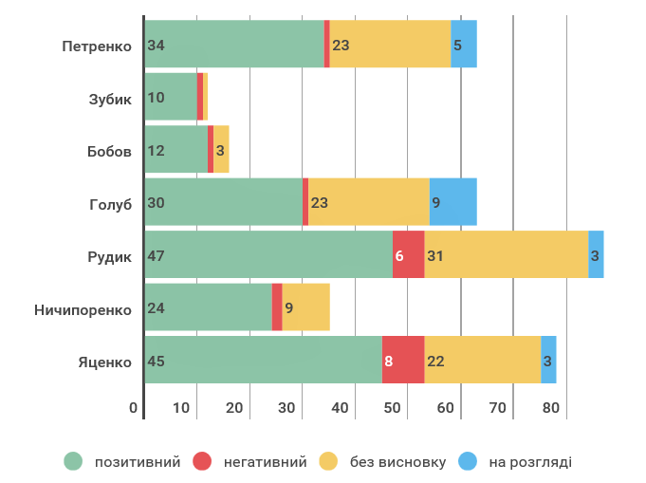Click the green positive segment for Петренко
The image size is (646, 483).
pos(233,45)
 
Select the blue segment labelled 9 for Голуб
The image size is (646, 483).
pos(452,202)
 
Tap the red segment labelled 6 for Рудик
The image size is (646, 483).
pos(408,255)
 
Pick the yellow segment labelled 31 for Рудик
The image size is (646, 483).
pos(506,255)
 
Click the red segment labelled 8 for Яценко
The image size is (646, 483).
pos(403,361)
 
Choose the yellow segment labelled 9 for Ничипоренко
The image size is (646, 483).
pos(305,307)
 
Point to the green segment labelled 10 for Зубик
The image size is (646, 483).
pos(171,98)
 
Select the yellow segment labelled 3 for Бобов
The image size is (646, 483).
pos(221,150)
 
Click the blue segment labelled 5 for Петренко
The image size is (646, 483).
pos(463,45)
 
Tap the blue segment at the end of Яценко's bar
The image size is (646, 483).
pos(548,361)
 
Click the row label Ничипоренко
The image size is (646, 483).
pos(83,308)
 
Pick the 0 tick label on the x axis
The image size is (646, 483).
pos(134,408)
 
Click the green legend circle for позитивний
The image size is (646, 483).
pos(73,462)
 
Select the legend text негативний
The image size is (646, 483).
pos(265,462)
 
